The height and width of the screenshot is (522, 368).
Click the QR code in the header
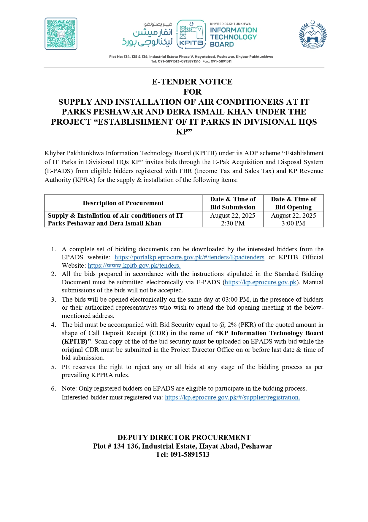click(x=61, y=34)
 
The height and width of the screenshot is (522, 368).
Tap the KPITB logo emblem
click(x=191, y=34)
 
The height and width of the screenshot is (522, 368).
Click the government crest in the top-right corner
click(x=313, y=34)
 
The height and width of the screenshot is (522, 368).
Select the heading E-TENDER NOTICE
click(x=192, y=82)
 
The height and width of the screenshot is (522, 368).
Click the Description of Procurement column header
click(x=123, y=203)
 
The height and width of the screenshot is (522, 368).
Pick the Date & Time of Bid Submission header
click(x=233, y=203)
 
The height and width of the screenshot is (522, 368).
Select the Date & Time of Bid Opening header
click(x=293, y=203)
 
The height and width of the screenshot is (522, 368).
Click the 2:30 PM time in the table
click(x=233, y=223)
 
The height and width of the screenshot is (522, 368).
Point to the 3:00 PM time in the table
click(x=293, y=223)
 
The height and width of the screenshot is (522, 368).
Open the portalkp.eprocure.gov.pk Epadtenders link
click(x=189, y=257)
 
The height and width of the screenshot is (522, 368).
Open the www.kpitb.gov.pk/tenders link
click(x=134, y=266)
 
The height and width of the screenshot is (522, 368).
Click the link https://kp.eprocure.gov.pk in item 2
click(x=261, y=282)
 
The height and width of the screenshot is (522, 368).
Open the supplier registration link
click(x=232, y=397)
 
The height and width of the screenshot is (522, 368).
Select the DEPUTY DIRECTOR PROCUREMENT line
click(x=184, y=438)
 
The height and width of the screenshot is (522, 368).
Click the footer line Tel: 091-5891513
click(x=183, y=454)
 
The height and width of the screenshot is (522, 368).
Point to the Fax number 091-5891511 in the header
click(x=221, y=61)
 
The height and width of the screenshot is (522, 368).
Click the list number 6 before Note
click(x=53, y=388)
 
